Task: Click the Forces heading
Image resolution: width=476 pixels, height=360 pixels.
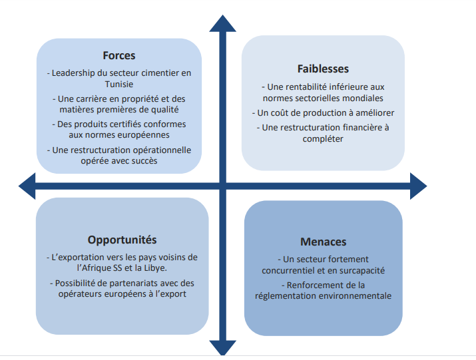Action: [x=119, y=55]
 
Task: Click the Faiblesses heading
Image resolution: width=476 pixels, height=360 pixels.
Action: [x=323, y=69]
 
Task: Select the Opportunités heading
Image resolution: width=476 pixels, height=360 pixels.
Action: [x=122, y=240]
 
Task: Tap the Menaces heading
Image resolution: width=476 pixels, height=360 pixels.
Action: [x=324, y=242]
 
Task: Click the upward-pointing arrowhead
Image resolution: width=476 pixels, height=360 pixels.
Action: [x=223, y=24]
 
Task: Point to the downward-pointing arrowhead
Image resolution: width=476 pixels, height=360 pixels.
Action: [x=223, y=347]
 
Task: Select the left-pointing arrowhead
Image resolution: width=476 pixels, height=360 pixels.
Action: [x=27, y=186]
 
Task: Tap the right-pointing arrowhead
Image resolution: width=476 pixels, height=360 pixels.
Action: [x=418, y=186]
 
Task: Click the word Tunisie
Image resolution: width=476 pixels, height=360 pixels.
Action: [x=119, y=84]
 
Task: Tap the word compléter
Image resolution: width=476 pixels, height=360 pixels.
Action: [x=323, y=139]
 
